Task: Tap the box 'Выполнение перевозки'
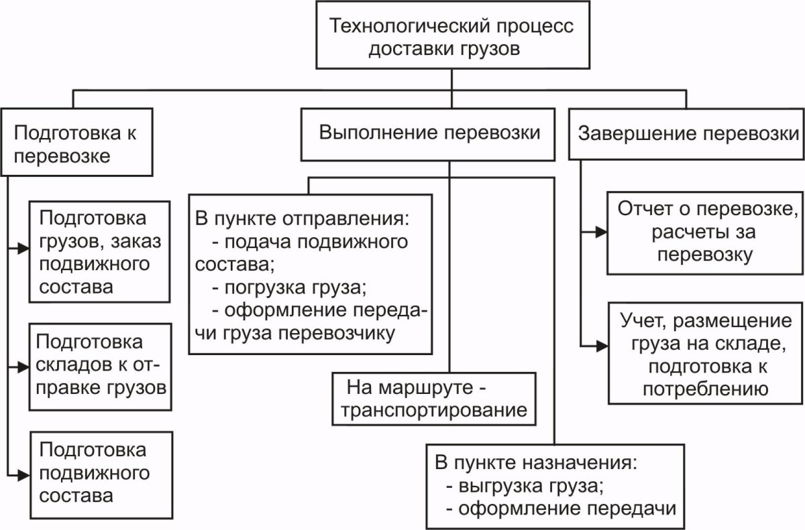pyautogui.click(x=429, y=132)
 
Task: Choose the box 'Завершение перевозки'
pyautogui.click(x=686, y=133)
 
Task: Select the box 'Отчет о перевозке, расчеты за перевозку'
pyautogui.click(x=704, y=233)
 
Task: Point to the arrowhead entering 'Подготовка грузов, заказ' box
pyautogui.click(x=25, y=248)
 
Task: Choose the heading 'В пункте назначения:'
pyautogui.click(x=535, y=462)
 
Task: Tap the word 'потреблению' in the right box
pyautogui.click(x=704, y=389)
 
